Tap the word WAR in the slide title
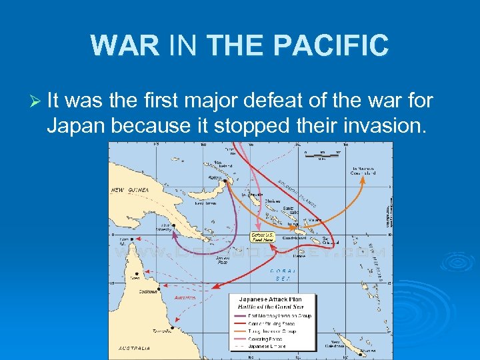click(125, 45)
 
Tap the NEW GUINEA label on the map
click(129, 190)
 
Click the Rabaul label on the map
click(215, 178)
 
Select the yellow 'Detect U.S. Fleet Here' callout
click(262, 237)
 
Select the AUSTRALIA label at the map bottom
click(134, 348)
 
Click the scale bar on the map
click(321, 155)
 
